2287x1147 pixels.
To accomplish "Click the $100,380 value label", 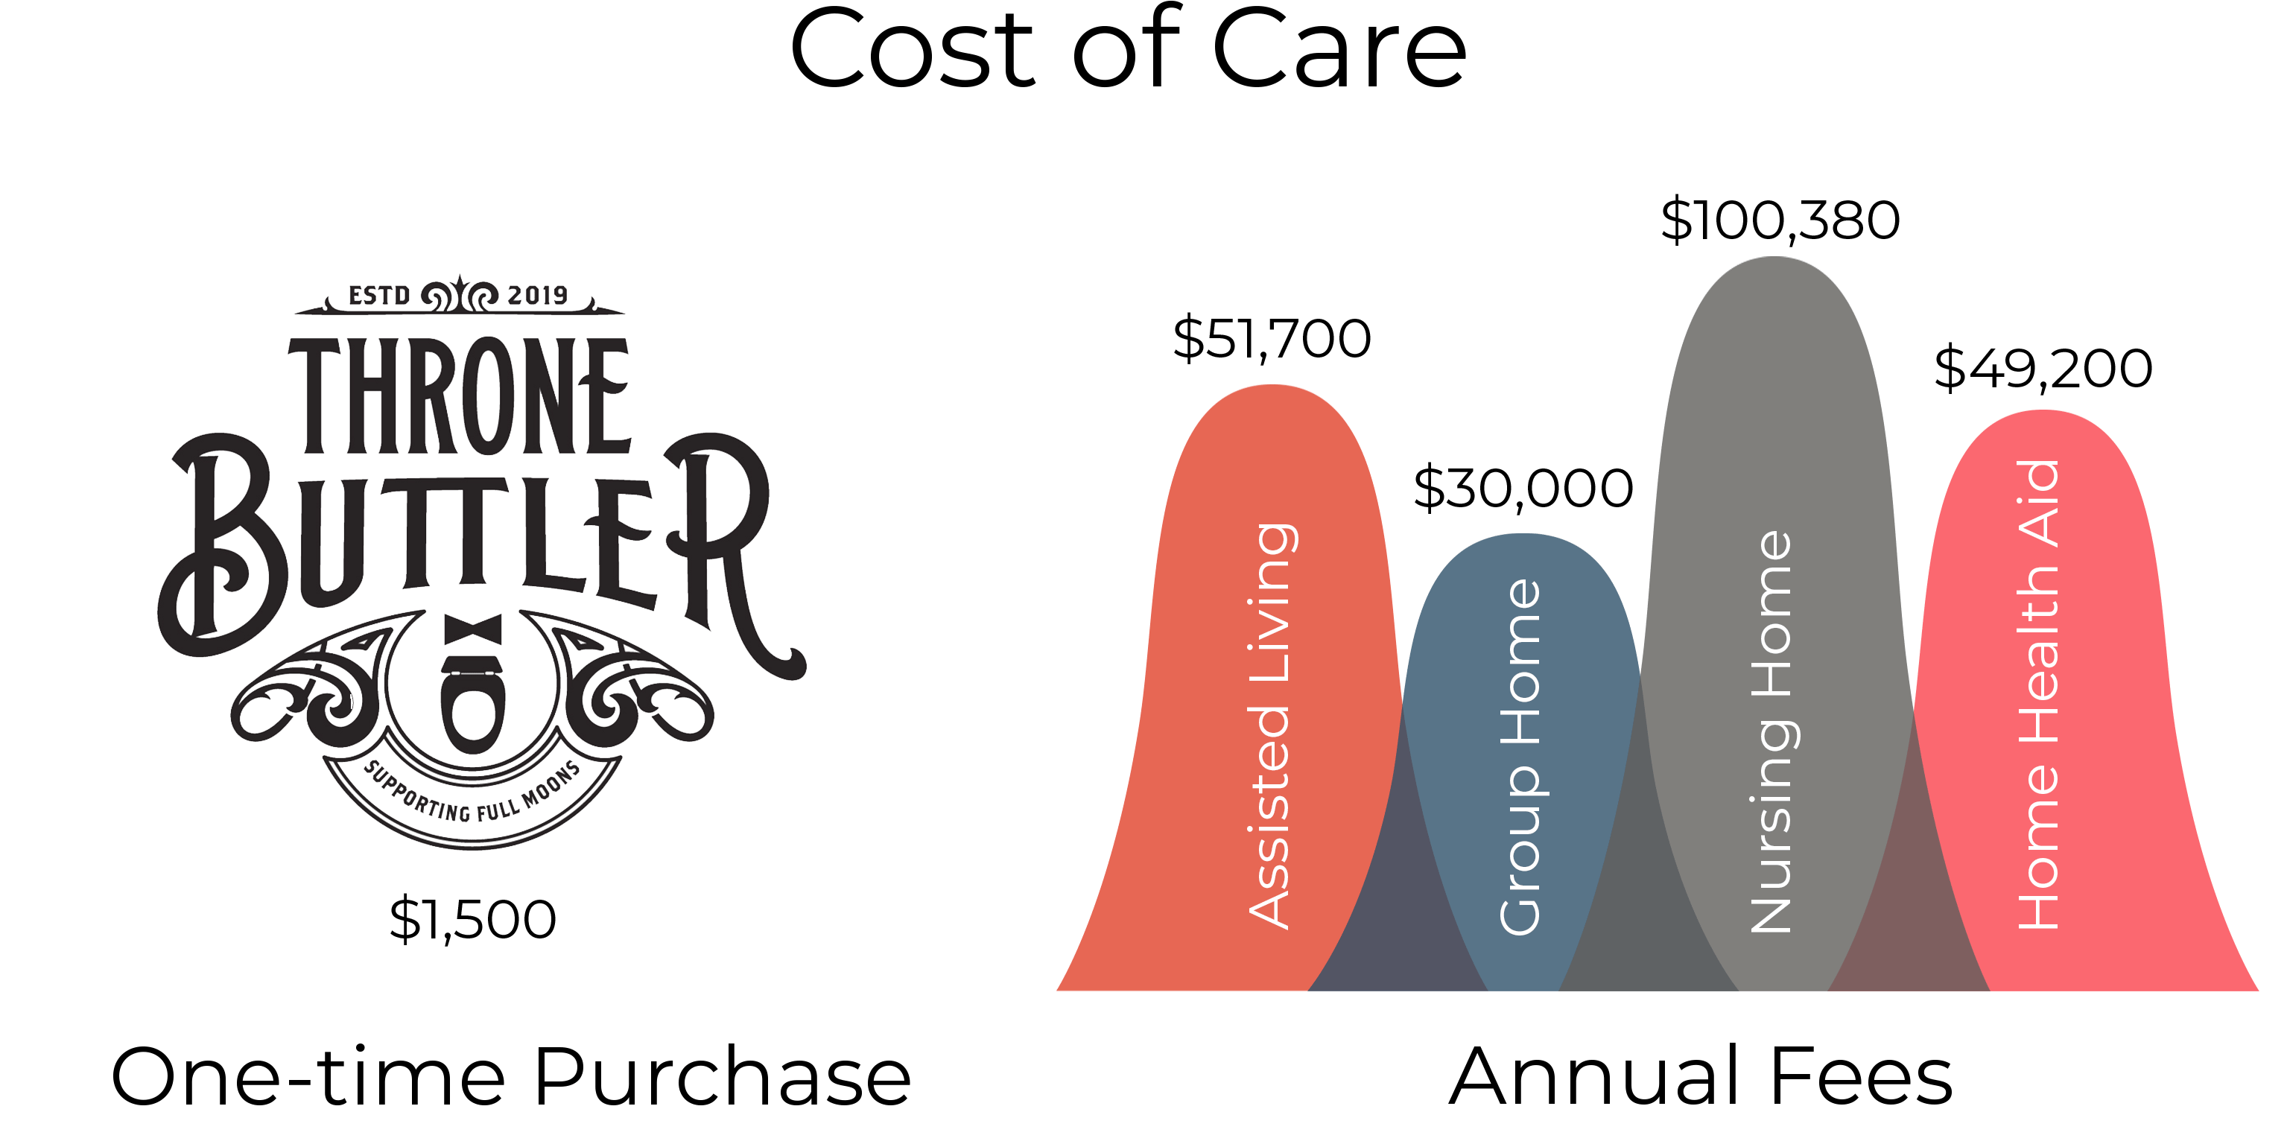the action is [1780, 220].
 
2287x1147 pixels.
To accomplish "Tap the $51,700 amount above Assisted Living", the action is [1272, 338].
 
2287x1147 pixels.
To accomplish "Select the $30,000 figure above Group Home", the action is [1523, 489].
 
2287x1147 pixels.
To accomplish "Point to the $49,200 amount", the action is [2043, 369].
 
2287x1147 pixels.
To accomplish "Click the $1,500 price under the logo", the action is [472, 919].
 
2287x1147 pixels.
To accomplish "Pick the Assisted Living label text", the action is [1272, 726].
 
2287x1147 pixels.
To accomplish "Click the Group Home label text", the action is [1520, 757].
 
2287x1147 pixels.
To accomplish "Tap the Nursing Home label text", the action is [1771, 732].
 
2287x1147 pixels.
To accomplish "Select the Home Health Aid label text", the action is [2038, 695].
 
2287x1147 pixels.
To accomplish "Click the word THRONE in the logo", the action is [460, 397].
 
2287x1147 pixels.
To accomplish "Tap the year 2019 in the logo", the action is [537, 295].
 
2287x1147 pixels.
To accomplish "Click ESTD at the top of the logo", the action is [379, 295].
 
